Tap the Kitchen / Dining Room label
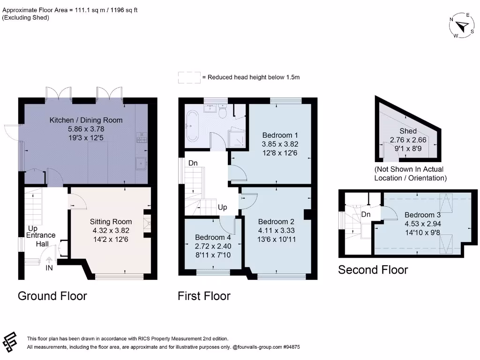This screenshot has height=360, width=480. tap(86, 120)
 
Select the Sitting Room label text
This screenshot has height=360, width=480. tap(111, 222)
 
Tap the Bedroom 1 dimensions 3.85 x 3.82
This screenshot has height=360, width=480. tap(280, 144)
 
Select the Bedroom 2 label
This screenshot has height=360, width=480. tap(276, 222)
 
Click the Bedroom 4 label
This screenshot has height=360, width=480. tap(213, 237)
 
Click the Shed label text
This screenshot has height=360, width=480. tap(408, 131)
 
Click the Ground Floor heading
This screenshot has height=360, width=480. tap(52, 296)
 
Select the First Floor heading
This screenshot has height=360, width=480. tap(204, 296)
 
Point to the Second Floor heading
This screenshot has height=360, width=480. tap(373, 270)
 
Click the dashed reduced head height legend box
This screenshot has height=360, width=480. tap(188, 77)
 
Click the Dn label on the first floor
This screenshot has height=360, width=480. tap(193, 164)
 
